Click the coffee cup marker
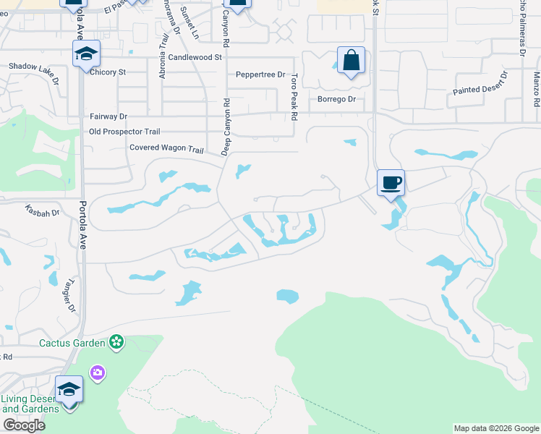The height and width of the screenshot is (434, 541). point(391,182)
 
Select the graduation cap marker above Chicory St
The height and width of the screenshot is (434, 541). point(86,54)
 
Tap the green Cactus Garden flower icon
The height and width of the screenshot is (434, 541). point(115,341)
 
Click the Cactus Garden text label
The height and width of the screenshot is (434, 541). point(72,341)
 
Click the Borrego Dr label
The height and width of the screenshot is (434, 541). point(338,99)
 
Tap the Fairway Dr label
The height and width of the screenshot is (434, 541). point(108,116)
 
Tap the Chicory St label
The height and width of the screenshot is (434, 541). point(107,72)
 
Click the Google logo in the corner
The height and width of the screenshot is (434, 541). point(24,425)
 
